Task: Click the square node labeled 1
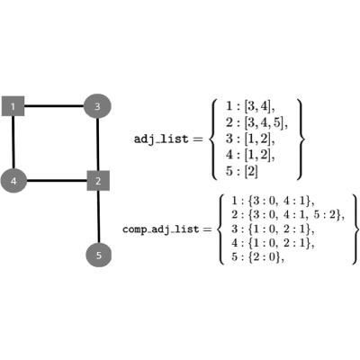(13, 106)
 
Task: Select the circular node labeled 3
(97, 106)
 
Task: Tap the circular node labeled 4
(13, 181)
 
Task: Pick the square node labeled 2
(98, 181)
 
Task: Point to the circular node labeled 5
(99, 256)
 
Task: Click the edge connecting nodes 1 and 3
(54, 106)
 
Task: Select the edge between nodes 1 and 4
(13, 142)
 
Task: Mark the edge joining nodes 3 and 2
(98, 145)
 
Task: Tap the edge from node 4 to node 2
(57, 181)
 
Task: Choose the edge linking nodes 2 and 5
(98, 217)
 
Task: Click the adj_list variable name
(161, 139)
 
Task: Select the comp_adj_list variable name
(161, 229)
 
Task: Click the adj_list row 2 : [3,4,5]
(256, 122)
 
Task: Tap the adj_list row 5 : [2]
(242, 171)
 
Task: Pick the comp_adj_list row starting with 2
(288, 214)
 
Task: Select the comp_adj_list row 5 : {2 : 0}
(257, 257)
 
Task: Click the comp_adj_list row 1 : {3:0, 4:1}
(273, 201)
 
